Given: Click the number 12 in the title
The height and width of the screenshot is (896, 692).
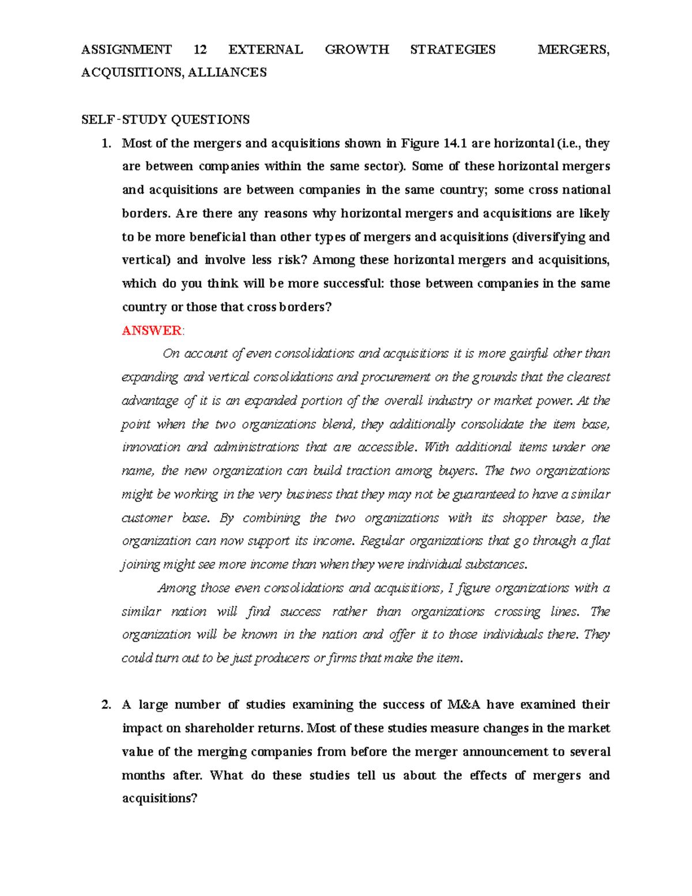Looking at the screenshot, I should tap(200, 50).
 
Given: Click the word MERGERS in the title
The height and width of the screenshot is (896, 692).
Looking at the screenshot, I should tap(573, 50).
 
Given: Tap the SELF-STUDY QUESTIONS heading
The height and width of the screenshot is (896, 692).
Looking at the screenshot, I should tap(166, 120).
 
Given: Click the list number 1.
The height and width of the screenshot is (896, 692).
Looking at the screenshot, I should tap(106, 144).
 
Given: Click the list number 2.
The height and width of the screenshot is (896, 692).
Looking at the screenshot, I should tap(106, 705).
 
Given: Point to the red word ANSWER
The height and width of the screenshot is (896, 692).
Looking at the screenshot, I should tap(152, 331).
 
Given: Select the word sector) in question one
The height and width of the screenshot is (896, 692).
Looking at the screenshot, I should tap(385, 167).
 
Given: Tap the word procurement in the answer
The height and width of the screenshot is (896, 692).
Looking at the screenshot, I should tap(396, 377).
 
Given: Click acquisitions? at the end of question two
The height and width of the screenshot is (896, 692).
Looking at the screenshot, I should tap(160, 799).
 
